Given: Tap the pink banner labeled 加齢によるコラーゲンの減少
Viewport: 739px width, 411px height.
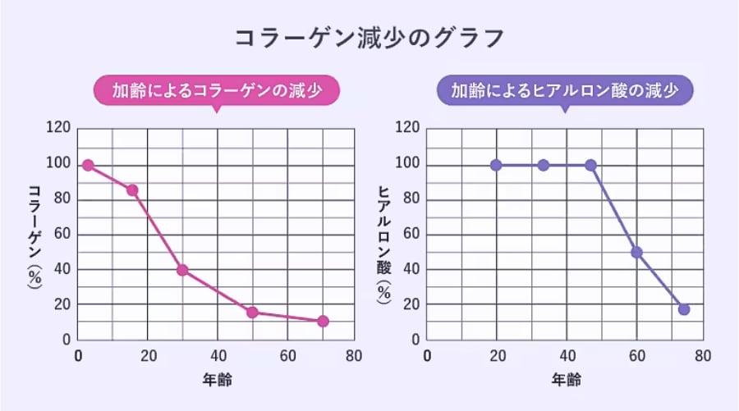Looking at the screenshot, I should [x=216, y=90].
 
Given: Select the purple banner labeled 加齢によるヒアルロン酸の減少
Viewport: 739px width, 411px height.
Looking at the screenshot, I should [x=565, y=90].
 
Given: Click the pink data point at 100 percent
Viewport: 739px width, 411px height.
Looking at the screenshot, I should [x=88, y=165].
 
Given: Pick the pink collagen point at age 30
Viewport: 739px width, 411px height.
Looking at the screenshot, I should [x=182, y=270].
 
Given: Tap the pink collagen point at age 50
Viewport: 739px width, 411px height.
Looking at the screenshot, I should [x=252, y=312].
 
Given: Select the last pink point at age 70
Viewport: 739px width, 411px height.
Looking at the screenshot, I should [x=323, y=321].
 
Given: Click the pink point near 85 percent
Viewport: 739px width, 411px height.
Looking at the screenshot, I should [x=131, y=190].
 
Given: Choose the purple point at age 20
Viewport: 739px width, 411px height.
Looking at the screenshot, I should [x=496, y=165].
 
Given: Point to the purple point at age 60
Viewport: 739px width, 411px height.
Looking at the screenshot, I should [x=636, y=252].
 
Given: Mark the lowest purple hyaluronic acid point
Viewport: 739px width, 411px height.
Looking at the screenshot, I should [x=684, y=309].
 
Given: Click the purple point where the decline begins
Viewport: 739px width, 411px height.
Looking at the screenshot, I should [x=590, y=165].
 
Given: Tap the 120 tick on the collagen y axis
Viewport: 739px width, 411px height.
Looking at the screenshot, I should [x=60, y=129].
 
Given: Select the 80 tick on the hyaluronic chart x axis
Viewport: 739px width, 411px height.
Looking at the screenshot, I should [x=704, y=356].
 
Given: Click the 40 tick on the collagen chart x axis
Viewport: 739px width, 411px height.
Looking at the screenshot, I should [x=218, y=356].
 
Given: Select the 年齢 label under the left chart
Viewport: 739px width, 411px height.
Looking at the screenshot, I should [x=218, y=381].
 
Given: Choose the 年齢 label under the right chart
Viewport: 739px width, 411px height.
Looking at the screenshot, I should [x=567, y=381].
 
